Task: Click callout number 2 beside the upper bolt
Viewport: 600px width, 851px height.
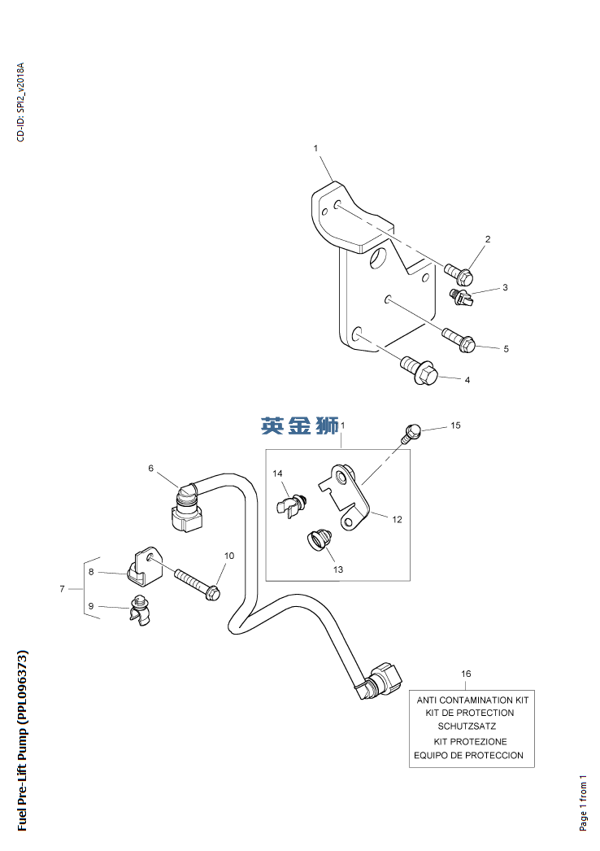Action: [x=488, y=239]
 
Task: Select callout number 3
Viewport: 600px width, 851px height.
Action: [x=505, y=287]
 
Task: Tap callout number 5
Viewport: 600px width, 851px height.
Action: [x=506, y=349]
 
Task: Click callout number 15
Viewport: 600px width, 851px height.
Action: [x=455, y=425]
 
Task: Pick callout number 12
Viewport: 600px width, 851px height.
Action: [x=397, y=519]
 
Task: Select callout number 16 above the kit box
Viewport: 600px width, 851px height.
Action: [x=466, y=674]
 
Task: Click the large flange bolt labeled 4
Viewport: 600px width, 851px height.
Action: [x=420, y=371]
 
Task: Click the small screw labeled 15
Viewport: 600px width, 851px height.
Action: [x=412, y=430]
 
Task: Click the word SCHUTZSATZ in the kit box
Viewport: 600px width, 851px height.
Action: [x=467, y=726]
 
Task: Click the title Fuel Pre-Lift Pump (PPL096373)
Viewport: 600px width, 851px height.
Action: [x=23, y=740]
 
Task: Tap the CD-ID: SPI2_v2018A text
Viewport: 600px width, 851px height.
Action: [x=21, y=102]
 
